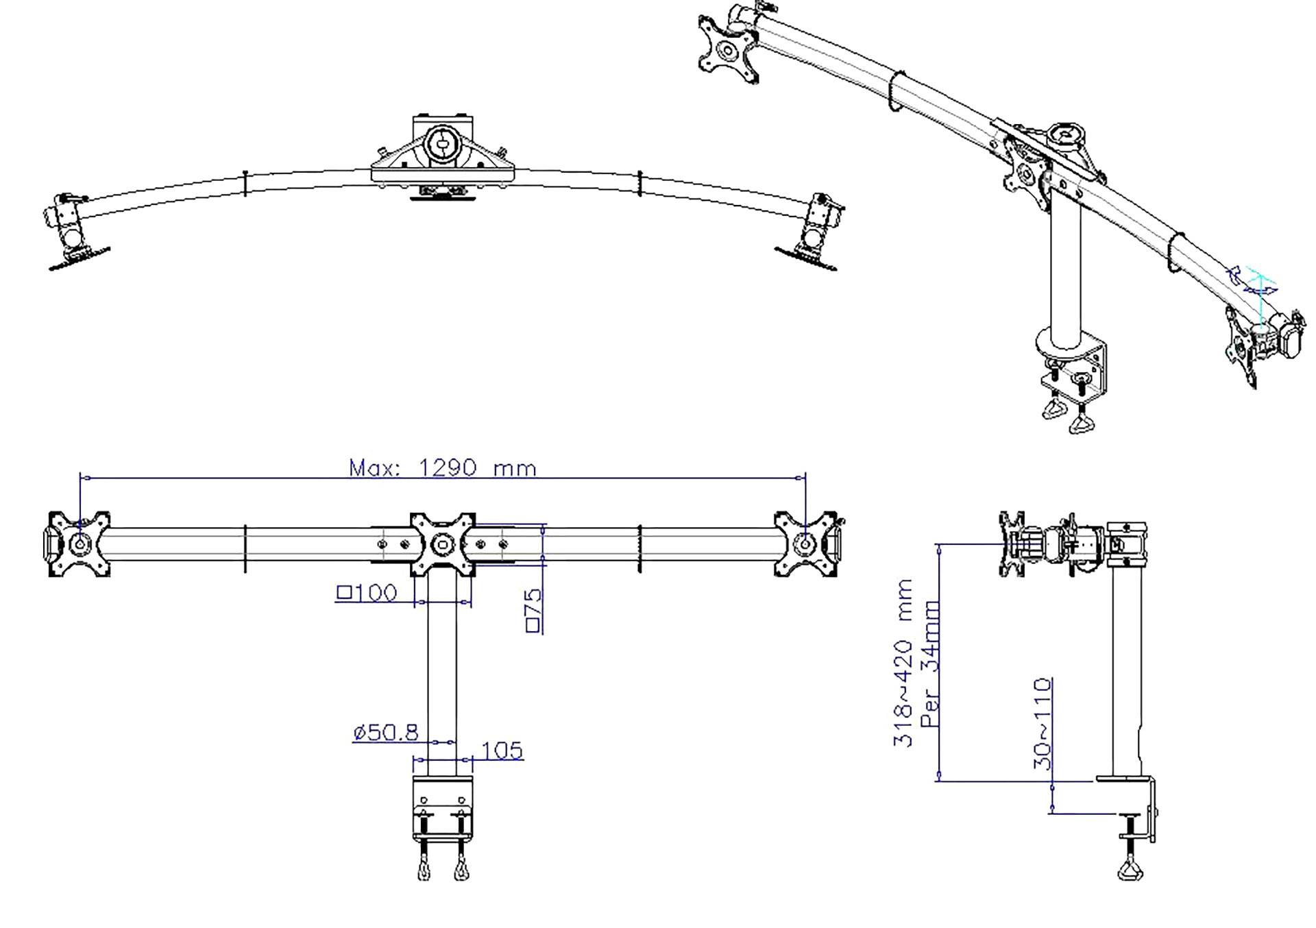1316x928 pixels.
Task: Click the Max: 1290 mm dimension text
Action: tap(443, 468)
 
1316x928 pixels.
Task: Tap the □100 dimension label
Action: tap(367, 592)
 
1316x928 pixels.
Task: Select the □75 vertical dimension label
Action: tap(534, 609)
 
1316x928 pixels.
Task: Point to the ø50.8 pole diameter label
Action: tap(386, 733)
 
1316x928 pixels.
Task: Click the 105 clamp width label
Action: tap(502, 750)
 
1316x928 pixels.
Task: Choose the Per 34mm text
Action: tap(930, 663)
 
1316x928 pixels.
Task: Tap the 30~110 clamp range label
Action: tap(1041, 724)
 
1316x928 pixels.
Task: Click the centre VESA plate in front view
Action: tap(443, 544)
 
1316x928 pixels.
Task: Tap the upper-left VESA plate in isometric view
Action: tap(727, 49)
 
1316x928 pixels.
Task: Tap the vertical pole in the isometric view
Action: tap(1065, 274)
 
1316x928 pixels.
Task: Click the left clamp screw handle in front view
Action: tap(424, 869)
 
